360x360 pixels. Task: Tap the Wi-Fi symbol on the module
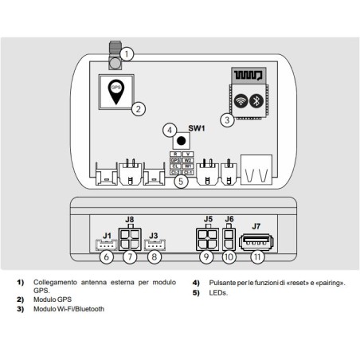[x=241, y=101]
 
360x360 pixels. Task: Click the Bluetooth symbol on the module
[x=257, y=101]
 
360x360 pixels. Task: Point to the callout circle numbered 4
[x=169, y=129]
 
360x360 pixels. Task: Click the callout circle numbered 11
[x=257, y=257]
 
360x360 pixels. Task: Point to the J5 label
[x=209, y=219]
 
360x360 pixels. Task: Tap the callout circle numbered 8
[x=155, y=257]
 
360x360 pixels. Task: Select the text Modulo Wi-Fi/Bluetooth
[x=72, y=307]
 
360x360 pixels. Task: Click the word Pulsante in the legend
[x=221, y=283]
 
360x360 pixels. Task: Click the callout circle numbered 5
[x=182, y=182]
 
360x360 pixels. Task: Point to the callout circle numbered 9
[x=207, y=257]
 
